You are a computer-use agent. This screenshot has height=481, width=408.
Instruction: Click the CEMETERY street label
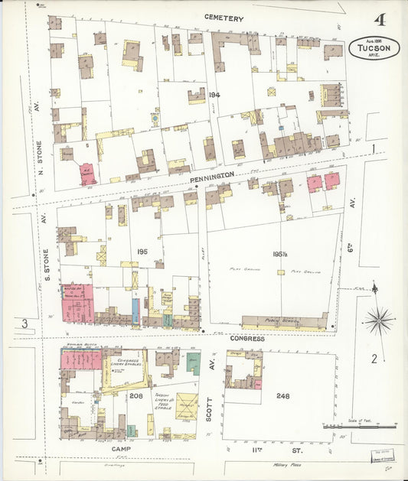[224, 18]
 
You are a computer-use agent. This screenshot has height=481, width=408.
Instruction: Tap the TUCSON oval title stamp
[374, 48]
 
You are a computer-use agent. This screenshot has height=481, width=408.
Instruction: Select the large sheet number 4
[380, 20]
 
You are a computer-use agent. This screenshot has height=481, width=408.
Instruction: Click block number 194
[213, 95]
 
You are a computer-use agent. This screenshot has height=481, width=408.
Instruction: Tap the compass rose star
[378, 319]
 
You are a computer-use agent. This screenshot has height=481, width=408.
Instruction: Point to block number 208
[135, 395]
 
